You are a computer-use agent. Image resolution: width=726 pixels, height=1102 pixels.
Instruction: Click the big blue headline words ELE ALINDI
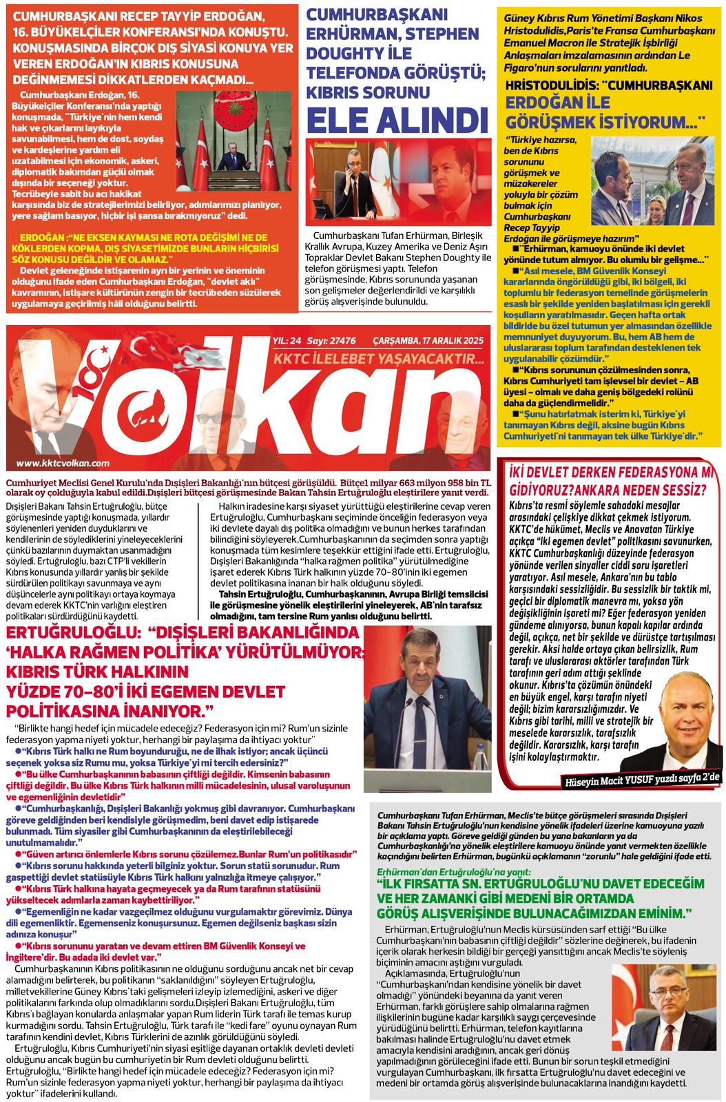pos(397,121)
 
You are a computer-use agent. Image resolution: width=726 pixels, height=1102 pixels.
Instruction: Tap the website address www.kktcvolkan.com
pos(63,464)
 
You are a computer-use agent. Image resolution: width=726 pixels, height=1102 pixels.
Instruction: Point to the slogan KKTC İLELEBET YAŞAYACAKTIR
pos(377,359)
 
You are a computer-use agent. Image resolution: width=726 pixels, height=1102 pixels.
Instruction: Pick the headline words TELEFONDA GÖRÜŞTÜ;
pos(392,72)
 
